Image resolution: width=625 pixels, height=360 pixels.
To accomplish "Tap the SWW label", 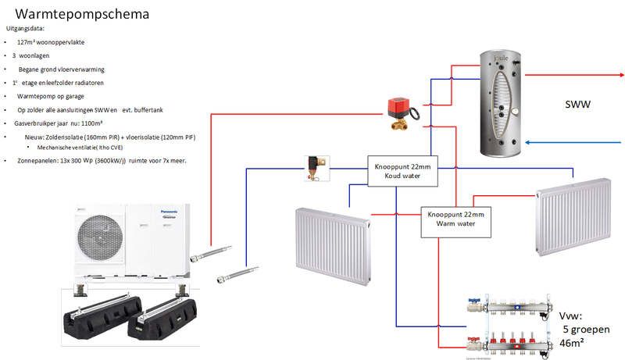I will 577,104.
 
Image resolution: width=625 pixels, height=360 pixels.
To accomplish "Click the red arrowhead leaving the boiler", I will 620,76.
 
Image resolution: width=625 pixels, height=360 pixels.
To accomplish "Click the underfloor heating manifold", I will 499,324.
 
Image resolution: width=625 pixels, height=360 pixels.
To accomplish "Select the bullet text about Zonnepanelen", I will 102,161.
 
